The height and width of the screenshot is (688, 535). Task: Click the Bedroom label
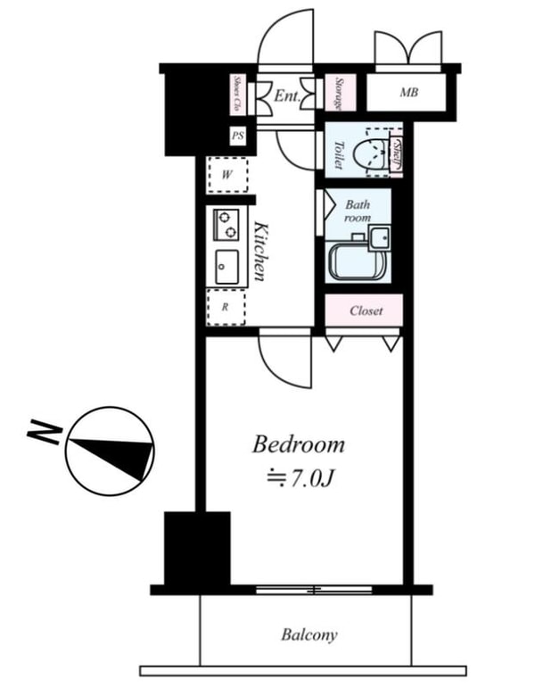pos(298,444)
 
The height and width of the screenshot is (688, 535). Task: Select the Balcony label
pos(309,635)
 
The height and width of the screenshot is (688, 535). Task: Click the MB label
pos(408,93)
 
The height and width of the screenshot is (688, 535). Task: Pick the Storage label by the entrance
pos(340,94)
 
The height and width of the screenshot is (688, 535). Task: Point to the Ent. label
pos(285,95)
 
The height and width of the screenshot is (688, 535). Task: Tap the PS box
pos(238,137)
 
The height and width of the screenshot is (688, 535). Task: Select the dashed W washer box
pos(227,175)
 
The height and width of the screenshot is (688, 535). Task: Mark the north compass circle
pos(110,453)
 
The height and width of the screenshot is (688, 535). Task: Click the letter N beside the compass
pos(43,433)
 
